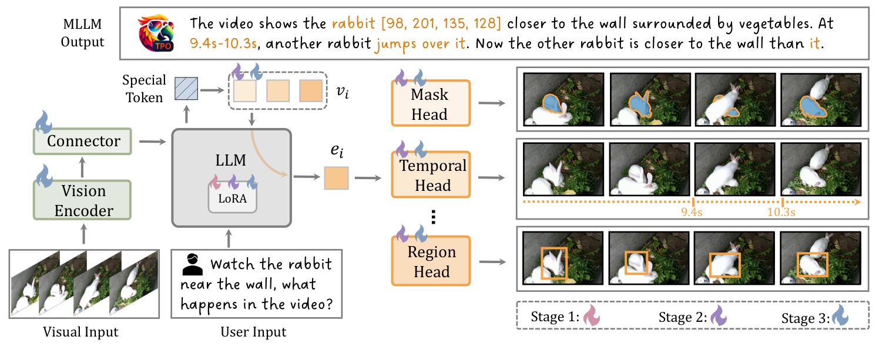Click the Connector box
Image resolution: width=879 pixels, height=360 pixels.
click(x=83, y=141)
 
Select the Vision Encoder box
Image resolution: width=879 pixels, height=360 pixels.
click(x=83, y=200)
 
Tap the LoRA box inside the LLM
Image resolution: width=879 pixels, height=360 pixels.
click(x=232, y=198)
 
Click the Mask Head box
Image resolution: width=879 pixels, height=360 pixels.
click(x=430, y=104)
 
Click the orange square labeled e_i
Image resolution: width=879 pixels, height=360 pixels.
click(x=336, y=178)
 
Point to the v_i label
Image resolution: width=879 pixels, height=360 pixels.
click(x=342, y=92)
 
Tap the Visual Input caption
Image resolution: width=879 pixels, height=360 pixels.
click(x=80, y=332)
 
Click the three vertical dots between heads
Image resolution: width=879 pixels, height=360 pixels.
click(x=433, y=218)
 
